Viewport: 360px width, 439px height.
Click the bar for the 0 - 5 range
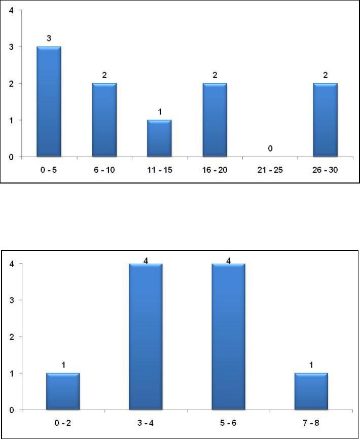pyautogui.click(x=49, y=101)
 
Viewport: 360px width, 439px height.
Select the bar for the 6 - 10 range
pyautogui.click(x=104, y=120)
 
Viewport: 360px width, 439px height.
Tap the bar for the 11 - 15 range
pyautogui.click(x=159, y=138)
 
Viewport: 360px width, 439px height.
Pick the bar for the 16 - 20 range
pyautogui.click(x=214, y=120)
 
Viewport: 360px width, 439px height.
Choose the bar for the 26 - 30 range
pyautogui.click(x=325, y=120)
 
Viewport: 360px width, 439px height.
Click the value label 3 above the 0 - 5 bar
pyautogui.click(x=49, y=39)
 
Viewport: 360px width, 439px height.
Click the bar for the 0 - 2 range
pyautogui.click(x=62, y=391)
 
